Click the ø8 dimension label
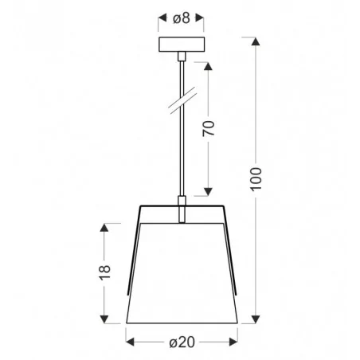182,18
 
